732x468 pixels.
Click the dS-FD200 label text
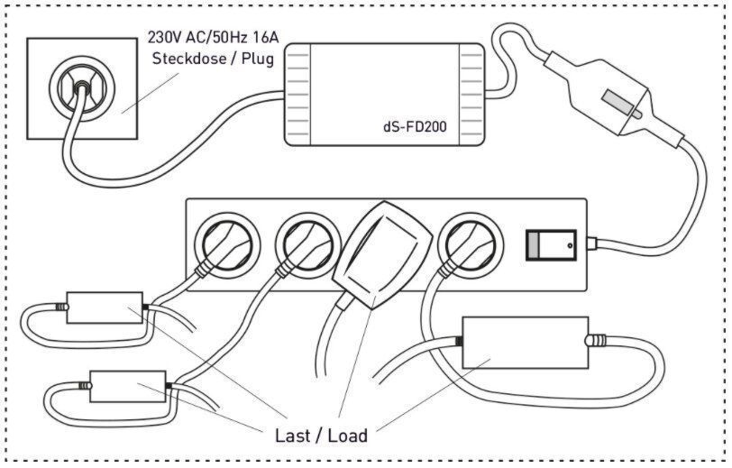point(415,126)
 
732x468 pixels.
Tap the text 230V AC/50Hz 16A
point(213,37)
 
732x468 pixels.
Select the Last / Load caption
point(321,436)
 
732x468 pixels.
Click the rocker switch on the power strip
point(552,244)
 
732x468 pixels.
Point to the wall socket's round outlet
point(82,88)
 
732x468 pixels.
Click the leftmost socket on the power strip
point(227,244)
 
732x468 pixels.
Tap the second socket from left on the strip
point(308,244)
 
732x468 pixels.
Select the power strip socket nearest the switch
point(471,244)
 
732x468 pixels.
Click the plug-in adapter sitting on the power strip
point(383,254)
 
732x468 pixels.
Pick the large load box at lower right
point(526,343)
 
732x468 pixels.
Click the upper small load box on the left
point(105,307)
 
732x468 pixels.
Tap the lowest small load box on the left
point(127,386)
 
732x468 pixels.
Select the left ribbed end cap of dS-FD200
point(297,95)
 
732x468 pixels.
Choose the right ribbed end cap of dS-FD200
point(472,95)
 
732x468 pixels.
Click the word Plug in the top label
point(258,60)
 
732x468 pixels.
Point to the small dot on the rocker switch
point(570,245)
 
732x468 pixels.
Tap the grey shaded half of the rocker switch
point(533,244)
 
